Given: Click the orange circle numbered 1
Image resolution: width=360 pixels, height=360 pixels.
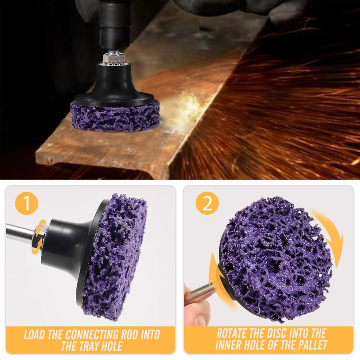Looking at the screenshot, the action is pyautogui.click(x=26, y=203).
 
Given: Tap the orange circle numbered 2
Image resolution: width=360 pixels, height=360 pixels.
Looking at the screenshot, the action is pyautogui.click(x=207, y=203).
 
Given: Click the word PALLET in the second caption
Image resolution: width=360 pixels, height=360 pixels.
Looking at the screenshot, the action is pyautogui.click(x=312, y=345).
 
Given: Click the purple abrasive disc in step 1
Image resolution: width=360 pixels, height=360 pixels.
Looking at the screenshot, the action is pyautogui.click(x=114, y=257).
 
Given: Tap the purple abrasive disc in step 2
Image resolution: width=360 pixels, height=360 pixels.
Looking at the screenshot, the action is pyautogui.click(x=276, y=258).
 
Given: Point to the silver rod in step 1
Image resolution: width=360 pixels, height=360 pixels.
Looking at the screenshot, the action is pyautogui.click(x=21, y=233).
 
